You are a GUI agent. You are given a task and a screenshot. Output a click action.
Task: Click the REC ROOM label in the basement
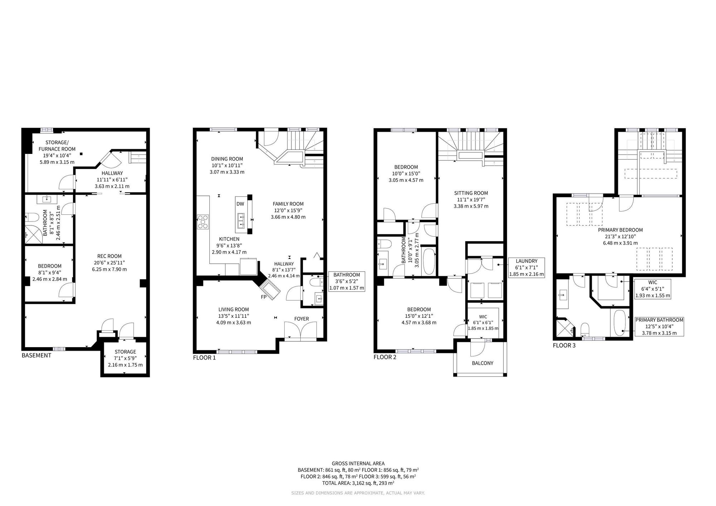[110, 256]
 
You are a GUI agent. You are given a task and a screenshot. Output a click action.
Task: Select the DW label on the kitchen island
[240, 204]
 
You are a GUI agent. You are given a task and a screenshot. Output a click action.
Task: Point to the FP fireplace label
[264, 297]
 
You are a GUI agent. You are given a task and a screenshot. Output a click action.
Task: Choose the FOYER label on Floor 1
[301, 319]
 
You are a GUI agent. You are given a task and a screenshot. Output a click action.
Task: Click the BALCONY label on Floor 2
[483, 363]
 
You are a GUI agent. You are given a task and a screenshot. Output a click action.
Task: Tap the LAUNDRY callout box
[527, 268]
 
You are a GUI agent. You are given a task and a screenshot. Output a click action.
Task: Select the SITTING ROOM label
[471, 193]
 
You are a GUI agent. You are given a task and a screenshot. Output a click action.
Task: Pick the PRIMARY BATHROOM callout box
[659, 326]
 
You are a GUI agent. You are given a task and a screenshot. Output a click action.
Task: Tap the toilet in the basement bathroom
[32, 217]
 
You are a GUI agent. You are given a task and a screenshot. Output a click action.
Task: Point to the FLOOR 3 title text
[564, 346]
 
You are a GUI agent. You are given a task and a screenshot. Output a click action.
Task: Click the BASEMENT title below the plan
[37, 355]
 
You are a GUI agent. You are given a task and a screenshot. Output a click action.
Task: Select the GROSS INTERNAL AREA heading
[358, 463]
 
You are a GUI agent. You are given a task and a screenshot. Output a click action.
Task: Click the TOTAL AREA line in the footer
[358, 483]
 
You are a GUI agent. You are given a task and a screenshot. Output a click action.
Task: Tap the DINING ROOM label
[227, 159]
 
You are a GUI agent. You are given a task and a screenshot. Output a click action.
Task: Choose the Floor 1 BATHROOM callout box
[347, 281]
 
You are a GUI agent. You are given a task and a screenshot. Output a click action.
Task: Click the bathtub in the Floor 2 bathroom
[429, 261]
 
